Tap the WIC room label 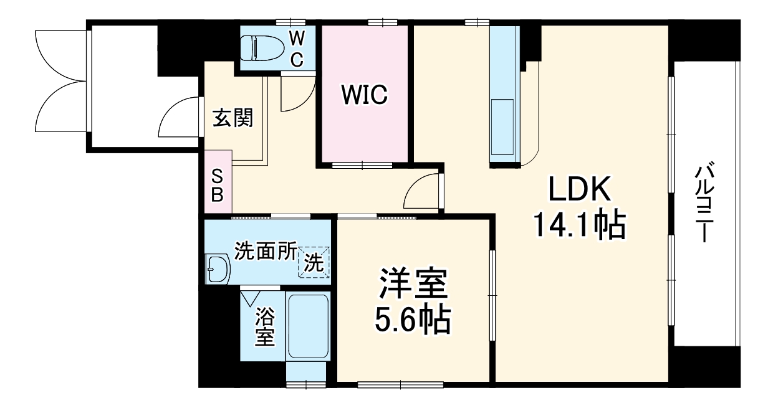[364, 95]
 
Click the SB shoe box [217, 185]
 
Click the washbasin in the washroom [218, 268]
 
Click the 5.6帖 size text [412, 320]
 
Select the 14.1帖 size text [578, 225]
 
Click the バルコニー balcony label [705, 203]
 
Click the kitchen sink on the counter [504, 127]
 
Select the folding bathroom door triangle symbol [251, 297]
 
